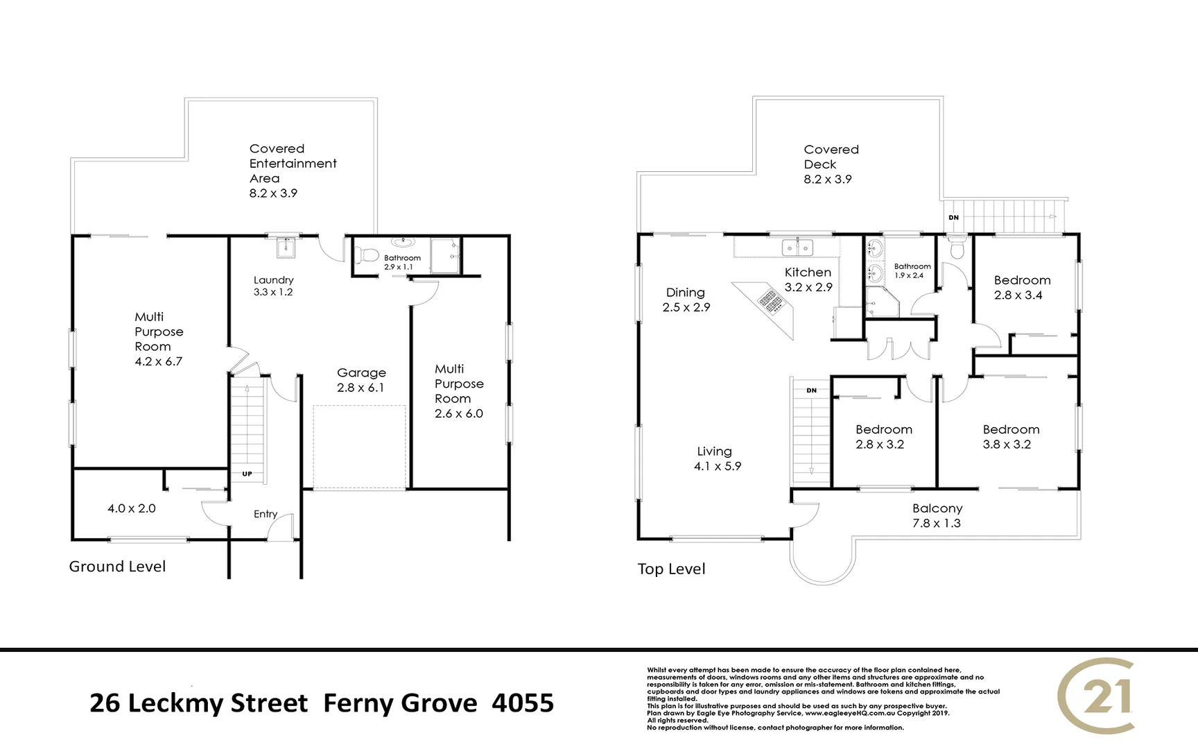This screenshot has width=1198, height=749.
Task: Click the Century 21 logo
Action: click(1097, 696)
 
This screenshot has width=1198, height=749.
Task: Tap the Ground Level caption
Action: click(117, 567)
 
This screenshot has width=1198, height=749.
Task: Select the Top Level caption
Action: click(671, 569)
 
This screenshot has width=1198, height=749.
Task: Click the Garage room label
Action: click(361, 380)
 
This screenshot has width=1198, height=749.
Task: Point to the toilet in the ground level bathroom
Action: click(367, 255)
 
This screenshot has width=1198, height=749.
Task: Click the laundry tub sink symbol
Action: click(286, 247)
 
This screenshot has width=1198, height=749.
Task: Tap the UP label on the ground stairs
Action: click(247, 474)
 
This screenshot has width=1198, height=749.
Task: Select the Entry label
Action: click(266, 514)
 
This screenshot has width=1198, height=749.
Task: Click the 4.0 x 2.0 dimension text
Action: click(132, 508)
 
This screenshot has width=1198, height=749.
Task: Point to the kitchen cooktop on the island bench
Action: click(770, 301)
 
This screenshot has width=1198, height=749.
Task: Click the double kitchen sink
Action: click(797, 247)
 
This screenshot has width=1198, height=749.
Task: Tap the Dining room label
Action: click(686, 300)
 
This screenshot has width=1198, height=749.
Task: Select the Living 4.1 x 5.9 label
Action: click(717, 458)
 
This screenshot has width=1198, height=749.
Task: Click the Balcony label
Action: click(937, 515)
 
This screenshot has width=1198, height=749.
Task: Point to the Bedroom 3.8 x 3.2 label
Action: click(1010, 437)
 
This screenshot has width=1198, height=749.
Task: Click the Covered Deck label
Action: click(829, 164)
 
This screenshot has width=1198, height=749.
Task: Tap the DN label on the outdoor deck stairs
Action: click(953, 218)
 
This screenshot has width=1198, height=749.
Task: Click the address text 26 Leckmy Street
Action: click(199, 703)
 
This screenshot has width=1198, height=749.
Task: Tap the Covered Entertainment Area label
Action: click(292, 171)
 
